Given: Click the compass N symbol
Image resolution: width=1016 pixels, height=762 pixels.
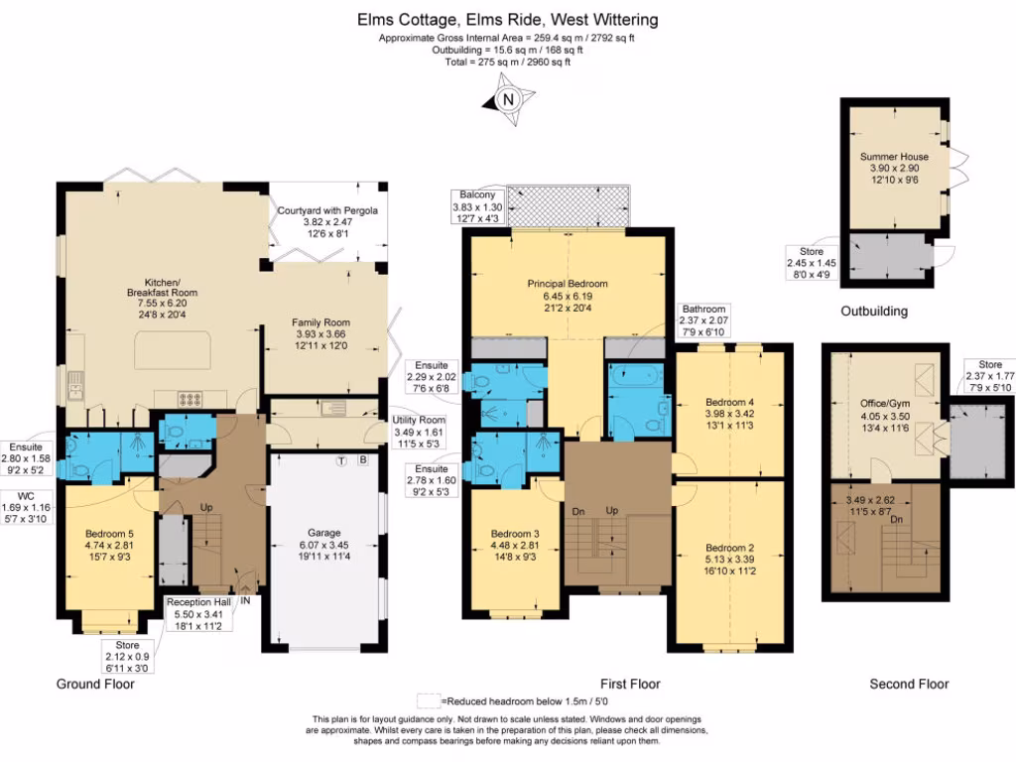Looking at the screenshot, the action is [x=509, y=100].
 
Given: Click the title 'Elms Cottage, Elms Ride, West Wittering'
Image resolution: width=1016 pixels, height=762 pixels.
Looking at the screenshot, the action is [x=507, y=20].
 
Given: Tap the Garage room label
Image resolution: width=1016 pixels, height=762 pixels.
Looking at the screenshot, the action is [x=324, y=545].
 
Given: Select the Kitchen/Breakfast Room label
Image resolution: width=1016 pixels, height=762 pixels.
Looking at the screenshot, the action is [x=162, y=298].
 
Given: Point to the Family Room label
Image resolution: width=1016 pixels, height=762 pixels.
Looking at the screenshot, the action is [x=320, y=333].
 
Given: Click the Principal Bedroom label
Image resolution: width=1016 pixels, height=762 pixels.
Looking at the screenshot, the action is [x=568, y=296].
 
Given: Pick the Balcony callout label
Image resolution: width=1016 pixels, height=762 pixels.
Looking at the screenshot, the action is [x=477, y=206].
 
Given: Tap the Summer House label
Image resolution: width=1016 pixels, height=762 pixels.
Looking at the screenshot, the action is [x=894, y=168].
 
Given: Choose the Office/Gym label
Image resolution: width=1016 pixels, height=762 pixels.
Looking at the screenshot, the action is [x=885, y=416].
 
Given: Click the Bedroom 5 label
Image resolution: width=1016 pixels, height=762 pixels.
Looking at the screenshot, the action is [x=109, y=545].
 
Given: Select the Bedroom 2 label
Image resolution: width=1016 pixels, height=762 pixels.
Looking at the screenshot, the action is [x=730, y=560].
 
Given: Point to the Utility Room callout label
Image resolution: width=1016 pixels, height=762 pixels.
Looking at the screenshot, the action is [x=419, y=432].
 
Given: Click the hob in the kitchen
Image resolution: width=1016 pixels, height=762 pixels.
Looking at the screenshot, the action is [x=190, y=399].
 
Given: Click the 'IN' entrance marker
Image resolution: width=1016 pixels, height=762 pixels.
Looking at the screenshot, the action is [x=246, y=600].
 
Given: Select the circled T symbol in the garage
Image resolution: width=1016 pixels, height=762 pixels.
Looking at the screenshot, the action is [x=341, y=460].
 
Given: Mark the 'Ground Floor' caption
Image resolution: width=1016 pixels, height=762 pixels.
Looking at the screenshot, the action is [x=95, y=684].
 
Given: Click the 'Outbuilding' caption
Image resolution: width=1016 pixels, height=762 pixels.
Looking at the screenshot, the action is [x=874, y=311].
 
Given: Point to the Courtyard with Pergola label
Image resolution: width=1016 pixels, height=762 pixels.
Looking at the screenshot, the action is [x=327, y=221].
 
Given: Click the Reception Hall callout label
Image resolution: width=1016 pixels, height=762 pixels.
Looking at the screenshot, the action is [x=198, y=613].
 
